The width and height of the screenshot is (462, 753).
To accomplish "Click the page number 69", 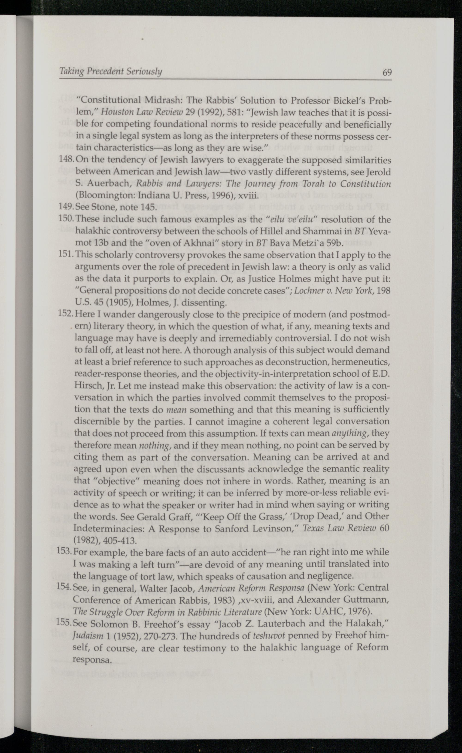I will click(387, 72).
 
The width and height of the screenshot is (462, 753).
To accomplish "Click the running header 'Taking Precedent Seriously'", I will click(110, 71).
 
